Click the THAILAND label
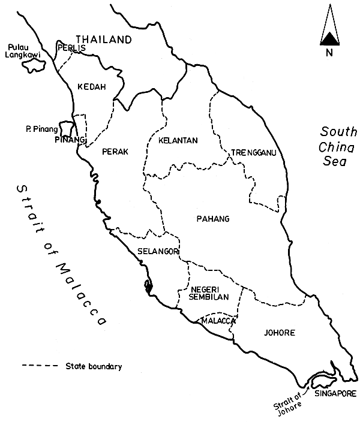pos(103,40)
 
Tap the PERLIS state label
pos(71,48)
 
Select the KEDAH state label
pos(92,87)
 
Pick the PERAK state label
pos(115,152)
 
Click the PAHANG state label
pos(213,219)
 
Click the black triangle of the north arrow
pos(328,40)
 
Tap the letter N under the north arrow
pos(328,53)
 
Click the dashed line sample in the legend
pos(38,366)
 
